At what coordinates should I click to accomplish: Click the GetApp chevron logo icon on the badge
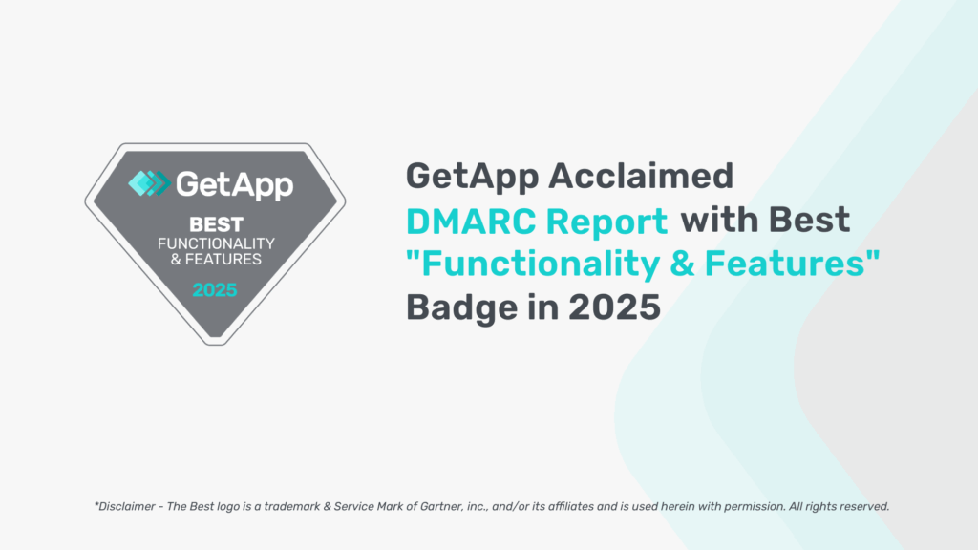[149, 183]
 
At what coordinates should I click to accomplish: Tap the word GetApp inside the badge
[235, 185]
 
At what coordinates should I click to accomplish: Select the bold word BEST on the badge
[216, 224]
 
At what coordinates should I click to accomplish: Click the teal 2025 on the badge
[215, 290]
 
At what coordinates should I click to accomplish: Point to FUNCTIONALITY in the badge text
[216, 243]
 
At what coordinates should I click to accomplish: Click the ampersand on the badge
[176, 260]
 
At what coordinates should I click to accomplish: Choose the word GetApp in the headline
[472, 177]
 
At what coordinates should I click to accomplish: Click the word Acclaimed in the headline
[641, 176]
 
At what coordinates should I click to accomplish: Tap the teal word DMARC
[471, 222]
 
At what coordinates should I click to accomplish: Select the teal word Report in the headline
[606, 222]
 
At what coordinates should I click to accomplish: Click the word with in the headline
[719, 220]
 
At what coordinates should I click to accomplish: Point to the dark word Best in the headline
[809, 221]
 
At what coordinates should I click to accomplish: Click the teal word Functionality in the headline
[541, 264]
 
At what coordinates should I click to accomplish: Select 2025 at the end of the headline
[614, 307]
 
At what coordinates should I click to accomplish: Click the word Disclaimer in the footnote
[127, 506]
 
